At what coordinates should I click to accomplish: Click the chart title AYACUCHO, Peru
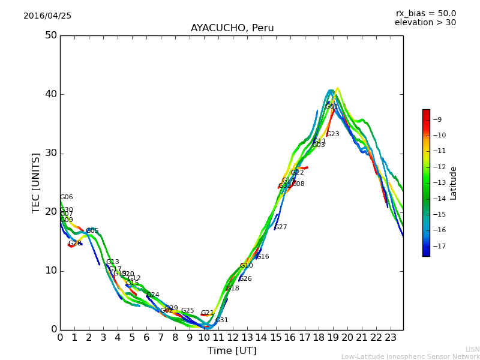tap(232, 28)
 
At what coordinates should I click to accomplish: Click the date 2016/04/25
tap(47, 16)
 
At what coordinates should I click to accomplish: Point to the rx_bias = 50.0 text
tap(425, 14)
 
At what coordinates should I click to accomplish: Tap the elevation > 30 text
tap(425, 23)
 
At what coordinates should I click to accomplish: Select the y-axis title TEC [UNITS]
tap(37, 182)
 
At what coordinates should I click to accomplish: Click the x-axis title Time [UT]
tap(232, 351)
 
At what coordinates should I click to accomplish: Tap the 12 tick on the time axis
tap(233, 338)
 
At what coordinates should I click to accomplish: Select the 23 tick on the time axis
tap(391, 338)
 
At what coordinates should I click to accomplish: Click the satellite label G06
tap(67, 197)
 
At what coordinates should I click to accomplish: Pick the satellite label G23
tap(333, 134)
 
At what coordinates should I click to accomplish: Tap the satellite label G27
tap(281, 227)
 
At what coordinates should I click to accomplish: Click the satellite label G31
tap(222, 320)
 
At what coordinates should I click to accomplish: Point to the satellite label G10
tap(247, 266)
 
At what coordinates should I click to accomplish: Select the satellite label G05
tap(92, 231)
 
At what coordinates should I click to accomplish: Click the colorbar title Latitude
tap(454, 183)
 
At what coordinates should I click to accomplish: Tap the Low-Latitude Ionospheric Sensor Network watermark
tap(410, 357)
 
